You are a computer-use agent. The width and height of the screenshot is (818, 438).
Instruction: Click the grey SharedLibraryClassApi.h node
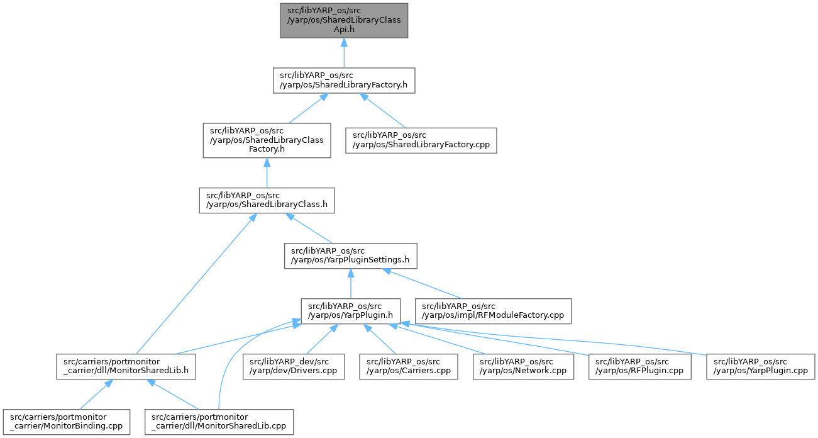tap(344, 20)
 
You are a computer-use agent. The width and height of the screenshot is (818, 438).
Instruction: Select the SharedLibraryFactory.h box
tap(344, 80)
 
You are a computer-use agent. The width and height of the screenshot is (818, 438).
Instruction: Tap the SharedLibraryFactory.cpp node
tap(421, 140)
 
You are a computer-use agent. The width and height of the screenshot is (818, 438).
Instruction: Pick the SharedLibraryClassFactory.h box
tap(267, 140)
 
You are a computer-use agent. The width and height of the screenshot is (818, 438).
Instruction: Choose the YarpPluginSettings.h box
tap(350, 255)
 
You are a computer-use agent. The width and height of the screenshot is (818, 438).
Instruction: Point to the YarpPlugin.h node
tap(350, 312)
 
